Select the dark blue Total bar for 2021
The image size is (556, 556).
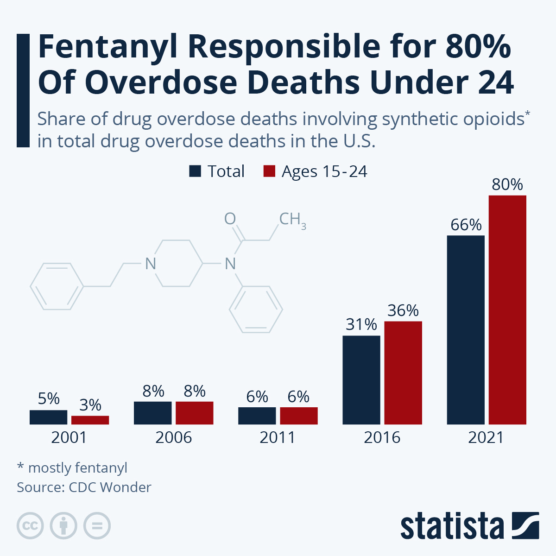click(466, 330)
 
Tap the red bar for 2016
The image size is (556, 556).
click(403, 373)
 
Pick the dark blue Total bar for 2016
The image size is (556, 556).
click(361, 380)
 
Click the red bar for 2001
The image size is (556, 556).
click(90, 420)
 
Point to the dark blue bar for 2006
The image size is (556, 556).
click(152, 413)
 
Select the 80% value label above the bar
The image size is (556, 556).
click(507, 184)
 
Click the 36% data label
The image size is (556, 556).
click(403, 310)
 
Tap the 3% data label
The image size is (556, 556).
click(90, 405)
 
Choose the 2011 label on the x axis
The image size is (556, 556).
click(278, 437)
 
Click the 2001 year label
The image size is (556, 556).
click(69, 437)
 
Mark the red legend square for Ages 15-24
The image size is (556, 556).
click(269, 171)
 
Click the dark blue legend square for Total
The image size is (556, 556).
click(195, 171)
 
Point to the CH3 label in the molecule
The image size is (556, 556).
click(292, 220)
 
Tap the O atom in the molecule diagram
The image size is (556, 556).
click(230, 219)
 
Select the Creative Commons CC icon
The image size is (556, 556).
click(30, 526)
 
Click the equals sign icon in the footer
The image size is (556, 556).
click(97, 526)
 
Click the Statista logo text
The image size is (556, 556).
click(452, 526)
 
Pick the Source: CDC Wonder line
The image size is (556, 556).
click(84, 487)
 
